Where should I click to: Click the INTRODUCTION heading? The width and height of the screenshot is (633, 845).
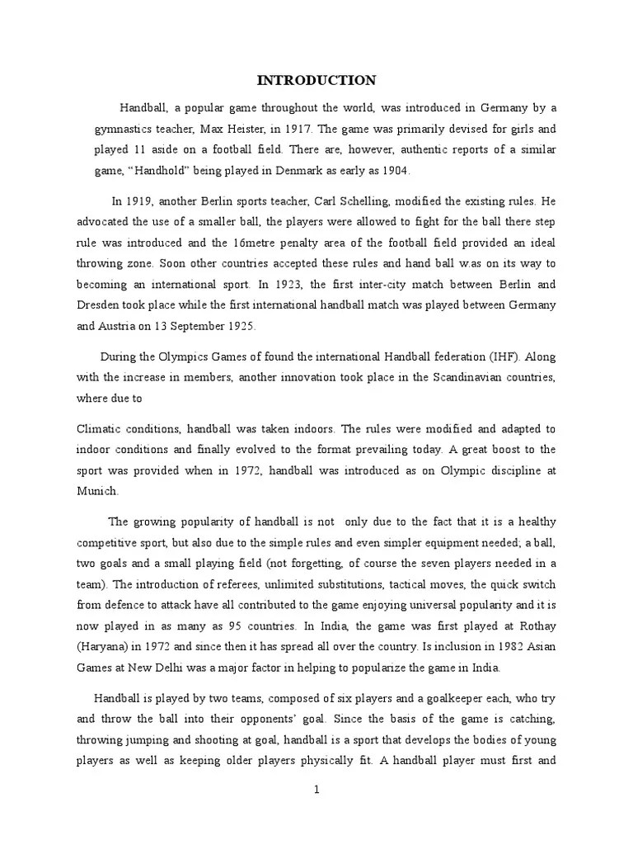(x=316, y=81)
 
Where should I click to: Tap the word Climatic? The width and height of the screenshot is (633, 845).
(x=101, y=429)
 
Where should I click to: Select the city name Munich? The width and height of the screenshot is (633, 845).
(x=97, y=490)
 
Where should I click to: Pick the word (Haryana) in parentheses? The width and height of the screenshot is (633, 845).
(x=107, y=646)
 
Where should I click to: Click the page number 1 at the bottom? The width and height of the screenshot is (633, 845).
(x=316, y=789)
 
